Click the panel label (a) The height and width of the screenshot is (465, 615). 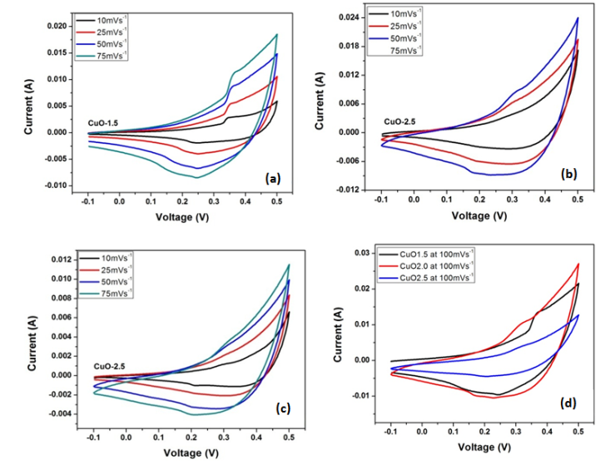tap(272, 178)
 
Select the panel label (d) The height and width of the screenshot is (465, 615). tap(569, 404)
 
